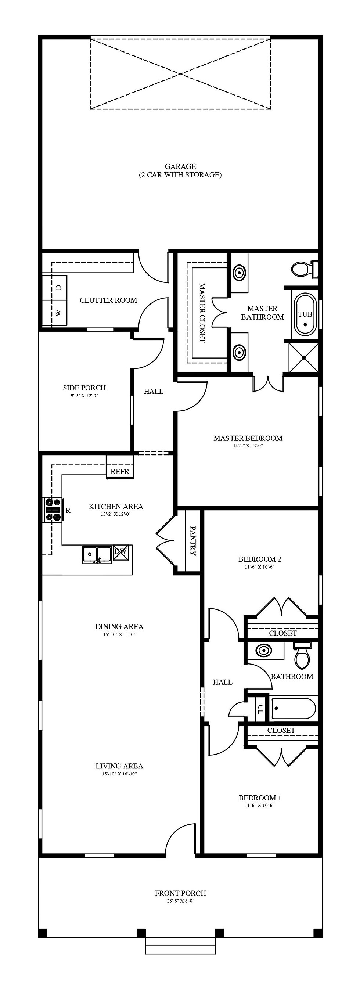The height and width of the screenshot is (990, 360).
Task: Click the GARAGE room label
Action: click(180, 166)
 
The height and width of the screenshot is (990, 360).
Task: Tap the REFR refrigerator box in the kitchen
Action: click(120, 471)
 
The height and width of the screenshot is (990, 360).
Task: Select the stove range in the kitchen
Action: click(53, 510)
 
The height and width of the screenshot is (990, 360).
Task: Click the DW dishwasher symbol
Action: click(120, 554)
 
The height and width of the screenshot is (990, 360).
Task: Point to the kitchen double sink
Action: click(97, 555)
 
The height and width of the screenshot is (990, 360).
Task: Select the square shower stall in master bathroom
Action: click(303, 358)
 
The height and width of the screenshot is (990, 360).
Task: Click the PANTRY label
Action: click(193, 541)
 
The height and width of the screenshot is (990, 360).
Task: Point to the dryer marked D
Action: click(58, 288)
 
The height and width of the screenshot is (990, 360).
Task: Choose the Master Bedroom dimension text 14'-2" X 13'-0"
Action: click(248, 446)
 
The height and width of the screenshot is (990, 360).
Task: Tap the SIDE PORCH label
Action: click(84, 388)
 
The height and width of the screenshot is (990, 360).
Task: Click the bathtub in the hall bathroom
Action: click(294, 708)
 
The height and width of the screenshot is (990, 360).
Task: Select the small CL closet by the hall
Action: click(260, 709)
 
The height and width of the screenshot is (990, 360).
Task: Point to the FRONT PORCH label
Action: click(181, 893)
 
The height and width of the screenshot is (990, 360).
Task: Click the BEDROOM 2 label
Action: click(260, 559)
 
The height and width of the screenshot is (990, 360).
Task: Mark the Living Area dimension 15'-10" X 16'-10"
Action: click(119, 774)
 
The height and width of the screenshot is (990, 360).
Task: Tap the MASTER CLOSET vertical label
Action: click(202, 313)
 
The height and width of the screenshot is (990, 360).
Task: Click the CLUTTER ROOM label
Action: click(108, 300)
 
